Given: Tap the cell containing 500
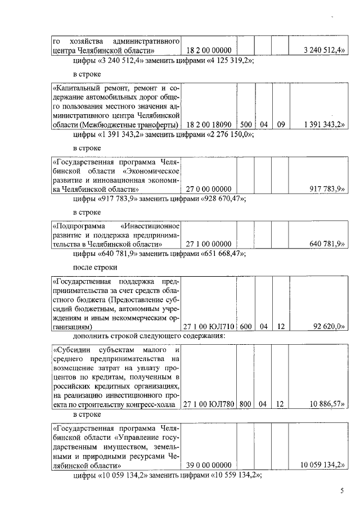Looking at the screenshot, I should tap(245, 124).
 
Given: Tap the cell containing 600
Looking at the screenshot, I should tap(245, 326).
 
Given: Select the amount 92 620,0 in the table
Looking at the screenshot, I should tap(327, 326).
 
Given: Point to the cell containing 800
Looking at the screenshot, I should tap(245, 404).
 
